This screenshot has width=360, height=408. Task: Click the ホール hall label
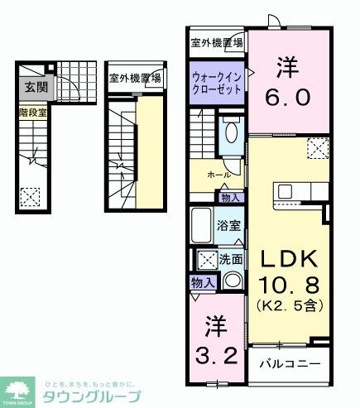(218, 175)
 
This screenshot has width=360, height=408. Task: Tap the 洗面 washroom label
(231, 259)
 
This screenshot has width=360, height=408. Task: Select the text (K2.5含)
(288, 305)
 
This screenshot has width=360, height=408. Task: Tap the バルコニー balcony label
(286, 362)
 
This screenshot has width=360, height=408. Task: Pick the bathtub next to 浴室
(201, 224)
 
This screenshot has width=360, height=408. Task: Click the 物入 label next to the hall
(231, 197)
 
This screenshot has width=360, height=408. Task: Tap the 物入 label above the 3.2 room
(204, 283)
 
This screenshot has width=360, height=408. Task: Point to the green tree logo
(17, 391)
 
